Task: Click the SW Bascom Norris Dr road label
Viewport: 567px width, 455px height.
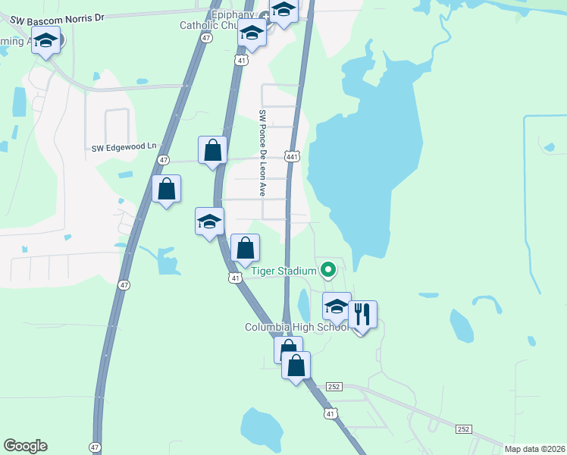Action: pyautogui.click(x=56, y=17)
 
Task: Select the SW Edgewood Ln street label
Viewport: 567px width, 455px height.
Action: pyautogui.click(x=124, y=147)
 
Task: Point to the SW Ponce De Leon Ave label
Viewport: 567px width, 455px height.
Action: pyautogui.click(x=262, y=153)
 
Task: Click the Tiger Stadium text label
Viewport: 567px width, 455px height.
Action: pyautogui.click(x=283, y=270)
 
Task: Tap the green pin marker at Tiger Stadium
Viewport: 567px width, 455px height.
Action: pyautogui.click(x=328, y=269)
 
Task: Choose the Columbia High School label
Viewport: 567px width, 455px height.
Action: pyautogui.click(x=296, y=327)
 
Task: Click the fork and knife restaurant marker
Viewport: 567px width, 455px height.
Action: pyautogui.click(x=363, y=314)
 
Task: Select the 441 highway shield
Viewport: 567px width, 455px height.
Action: pyautogui.click(x=292, y=155)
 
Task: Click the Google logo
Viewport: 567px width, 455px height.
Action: pyautogui.click(x=25, y=446)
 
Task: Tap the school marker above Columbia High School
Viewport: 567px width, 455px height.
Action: pyautogui.click(x=337, y=307)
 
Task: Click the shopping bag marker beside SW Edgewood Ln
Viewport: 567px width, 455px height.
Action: pyautogui.click(x=213, y=150)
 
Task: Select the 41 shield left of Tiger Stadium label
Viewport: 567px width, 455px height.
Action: pyautogui.click(x=236, y=278)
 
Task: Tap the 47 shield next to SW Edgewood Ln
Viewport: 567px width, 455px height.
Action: pyautogui.click(x=164, y=160)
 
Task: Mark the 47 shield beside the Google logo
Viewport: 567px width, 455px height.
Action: pyautogui.click(x=95, y=447)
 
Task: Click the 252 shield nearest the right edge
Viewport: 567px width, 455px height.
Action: pyautogui.click(x=464, y=429)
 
